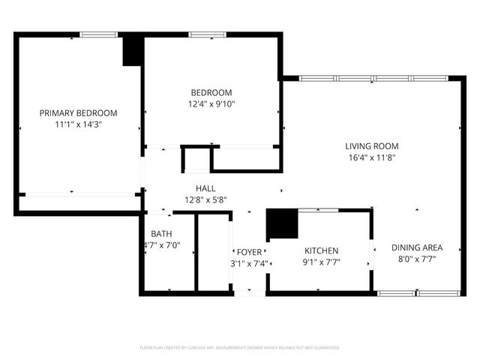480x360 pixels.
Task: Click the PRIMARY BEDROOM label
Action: pos(78,113)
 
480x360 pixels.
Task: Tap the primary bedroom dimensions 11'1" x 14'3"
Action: pos(78,124)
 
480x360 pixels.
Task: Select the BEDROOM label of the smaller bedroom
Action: pos(211,93)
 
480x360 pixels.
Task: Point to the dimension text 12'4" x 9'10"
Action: pos(211,104)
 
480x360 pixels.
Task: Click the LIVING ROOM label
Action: pos(371,146)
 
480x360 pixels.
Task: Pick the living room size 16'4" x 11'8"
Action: pos(371,157)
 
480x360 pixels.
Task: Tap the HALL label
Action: pos(205,189)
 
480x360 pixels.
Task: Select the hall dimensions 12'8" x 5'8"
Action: pos(205,199)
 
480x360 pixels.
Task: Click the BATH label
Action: pos(161,234)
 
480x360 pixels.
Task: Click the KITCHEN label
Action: pos(321,250)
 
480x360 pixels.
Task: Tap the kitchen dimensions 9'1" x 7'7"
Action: pos(321,262)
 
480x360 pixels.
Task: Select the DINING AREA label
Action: pos(417,247)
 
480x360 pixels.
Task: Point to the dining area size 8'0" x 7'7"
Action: pos(417,259)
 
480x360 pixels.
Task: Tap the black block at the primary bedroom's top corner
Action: pos(133,51)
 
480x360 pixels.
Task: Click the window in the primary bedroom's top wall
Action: pos(99,34)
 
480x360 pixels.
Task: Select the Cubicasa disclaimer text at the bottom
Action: pos(240,348)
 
